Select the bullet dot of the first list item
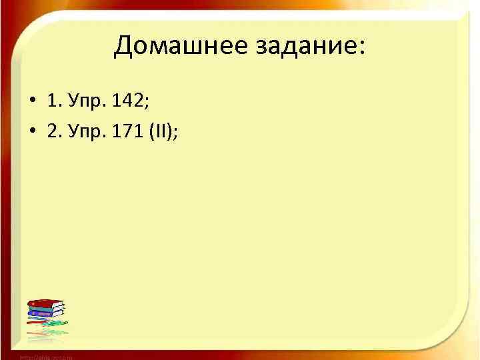pos(33,102)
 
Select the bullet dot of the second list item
pos(33,132)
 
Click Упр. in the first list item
pos(87,101)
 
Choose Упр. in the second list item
pos(87,132)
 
